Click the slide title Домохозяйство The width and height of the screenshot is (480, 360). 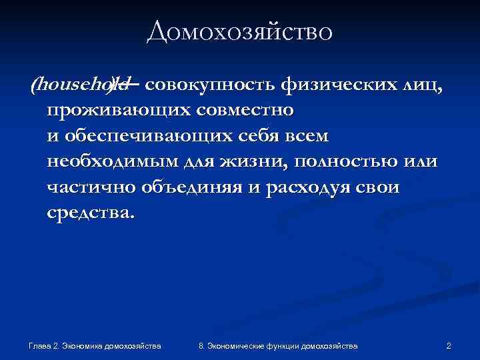tap(239, 31)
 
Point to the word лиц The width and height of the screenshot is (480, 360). tap(417, 85)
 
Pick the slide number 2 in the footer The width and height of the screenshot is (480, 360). tap(449, 345)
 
